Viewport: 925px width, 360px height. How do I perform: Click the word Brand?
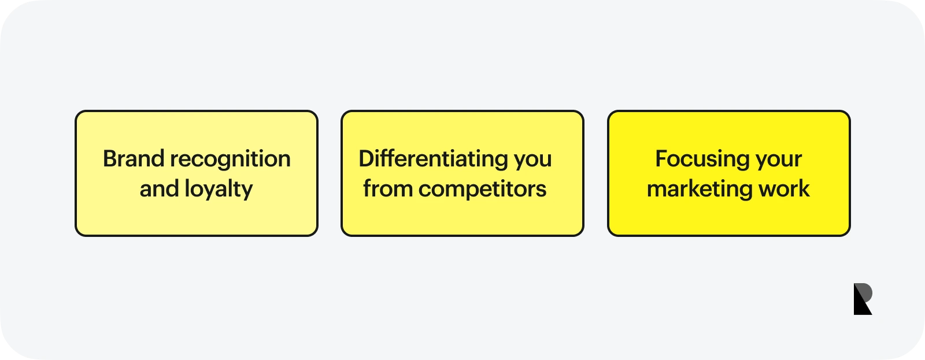134,158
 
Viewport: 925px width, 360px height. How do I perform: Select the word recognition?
231,159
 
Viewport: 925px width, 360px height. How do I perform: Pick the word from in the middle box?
388,189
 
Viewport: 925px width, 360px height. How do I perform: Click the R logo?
863,299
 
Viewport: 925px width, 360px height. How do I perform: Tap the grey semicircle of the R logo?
867,292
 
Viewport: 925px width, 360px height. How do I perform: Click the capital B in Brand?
110,158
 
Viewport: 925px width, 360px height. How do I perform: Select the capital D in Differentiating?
367,158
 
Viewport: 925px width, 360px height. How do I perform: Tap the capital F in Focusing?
662,158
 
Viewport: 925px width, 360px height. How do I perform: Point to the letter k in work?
803,189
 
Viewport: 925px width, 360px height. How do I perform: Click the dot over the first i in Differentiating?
379,151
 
